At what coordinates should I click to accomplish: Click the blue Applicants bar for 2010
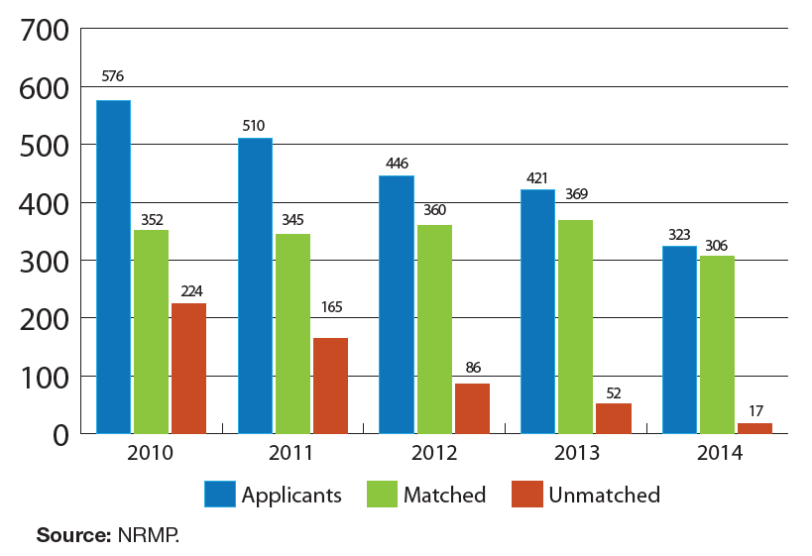click(113, 267)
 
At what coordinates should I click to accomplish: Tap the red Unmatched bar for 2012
click(472, 408)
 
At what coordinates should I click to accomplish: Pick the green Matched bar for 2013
click(575, 326)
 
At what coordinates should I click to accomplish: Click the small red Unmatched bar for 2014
click(754, 428)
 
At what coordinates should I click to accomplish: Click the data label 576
click(113, 76)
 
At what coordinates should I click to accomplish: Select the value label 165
click(331, 307)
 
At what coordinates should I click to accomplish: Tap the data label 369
click(575, 194)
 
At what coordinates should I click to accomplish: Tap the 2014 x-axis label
click(717, 455)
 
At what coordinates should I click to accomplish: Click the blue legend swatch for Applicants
click(219, 494)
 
